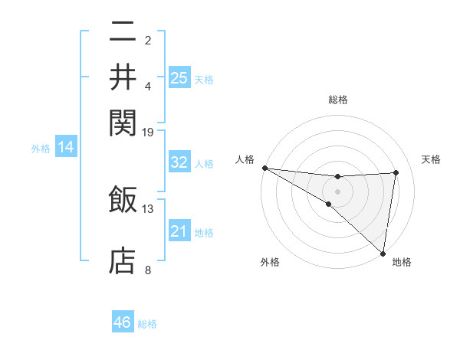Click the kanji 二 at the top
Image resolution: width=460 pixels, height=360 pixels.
pos(123,31)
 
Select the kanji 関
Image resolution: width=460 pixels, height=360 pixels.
pos(123,121)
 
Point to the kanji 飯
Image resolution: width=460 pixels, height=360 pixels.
pos(123,198)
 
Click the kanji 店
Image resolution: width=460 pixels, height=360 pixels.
pos(123,260)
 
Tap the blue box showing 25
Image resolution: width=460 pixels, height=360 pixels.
pos(179,77)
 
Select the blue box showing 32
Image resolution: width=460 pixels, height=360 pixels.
pos(179,162)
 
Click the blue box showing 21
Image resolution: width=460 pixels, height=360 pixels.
pos(179,231)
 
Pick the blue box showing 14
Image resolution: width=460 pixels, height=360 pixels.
pos(66,147)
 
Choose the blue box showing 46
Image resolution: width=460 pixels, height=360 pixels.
pos(123,322)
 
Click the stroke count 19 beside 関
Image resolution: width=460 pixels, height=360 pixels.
pos(148,132)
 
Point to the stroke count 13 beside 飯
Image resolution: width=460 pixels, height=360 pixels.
pos(148,208)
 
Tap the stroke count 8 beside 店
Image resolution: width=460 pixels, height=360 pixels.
pos(148,270)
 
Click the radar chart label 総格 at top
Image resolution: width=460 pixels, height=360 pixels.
pos(338,100)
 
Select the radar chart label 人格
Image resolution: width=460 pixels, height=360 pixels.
pos(245,159)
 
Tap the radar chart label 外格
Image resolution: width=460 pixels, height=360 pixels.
pos(270,262)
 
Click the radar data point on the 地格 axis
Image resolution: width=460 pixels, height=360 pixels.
pos(383,253)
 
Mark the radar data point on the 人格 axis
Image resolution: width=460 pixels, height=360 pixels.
pos(264,168)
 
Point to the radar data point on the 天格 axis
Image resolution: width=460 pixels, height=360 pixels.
pos(396,172)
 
